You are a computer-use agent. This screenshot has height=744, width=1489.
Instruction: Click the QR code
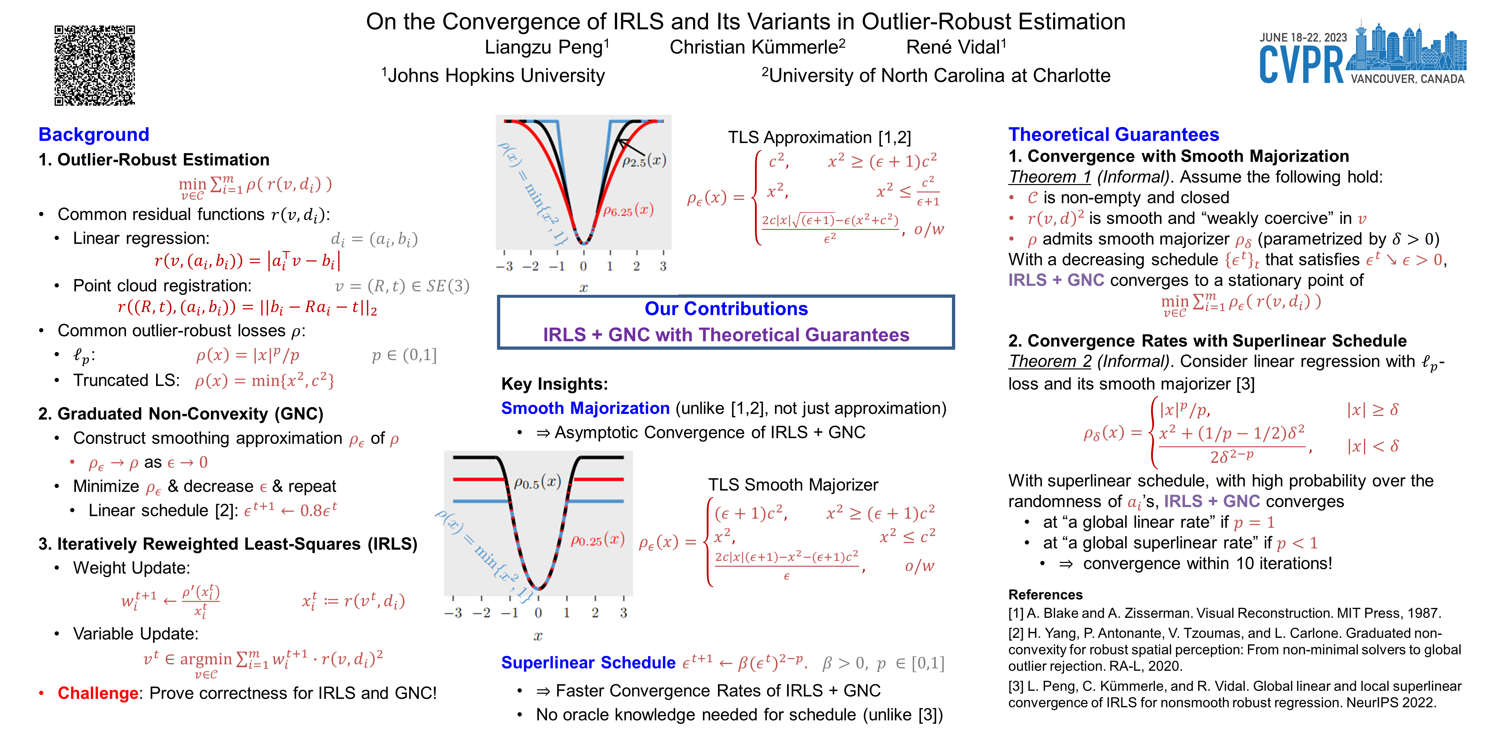pyautogui.click(x=95, y=65)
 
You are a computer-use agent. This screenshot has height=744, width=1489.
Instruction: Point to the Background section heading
pyautogui.click(x=94, y=135)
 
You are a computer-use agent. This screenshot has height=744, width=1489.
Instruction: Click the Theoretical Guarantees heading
pyautogui.click(x=1113, y=135)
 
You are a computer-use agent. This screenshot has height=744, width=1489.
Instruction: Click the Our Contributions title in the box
pyautogui.click(x=726, y=309)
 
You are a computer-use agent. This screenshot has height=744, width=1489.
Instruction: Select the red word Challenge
pyautogui.click(x=98, y=693)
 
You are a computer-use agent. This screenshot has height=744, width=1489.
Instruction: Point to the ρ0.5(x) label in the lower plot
pyautogui.click(x=538, y=482)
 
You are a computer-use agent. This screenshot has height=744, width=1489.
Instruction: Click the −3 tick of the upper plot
pyautogui.click(x=505, y=266)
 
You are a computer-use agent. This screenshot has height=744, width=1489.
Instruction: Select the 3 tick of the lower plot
pyautogui.click(x=623, y=613)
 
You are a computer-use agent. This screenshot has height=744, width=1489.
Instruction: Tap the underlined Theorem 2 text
pyautogui.click(x=1050, y=362)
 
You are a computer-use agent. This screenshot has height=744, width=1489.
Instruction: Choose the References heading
pyautogui.click(x=1045, y=595)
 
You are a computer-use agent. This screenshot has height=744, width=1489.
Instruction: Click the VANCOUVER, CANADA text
pyautogui.click(x=1407, y=79)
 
